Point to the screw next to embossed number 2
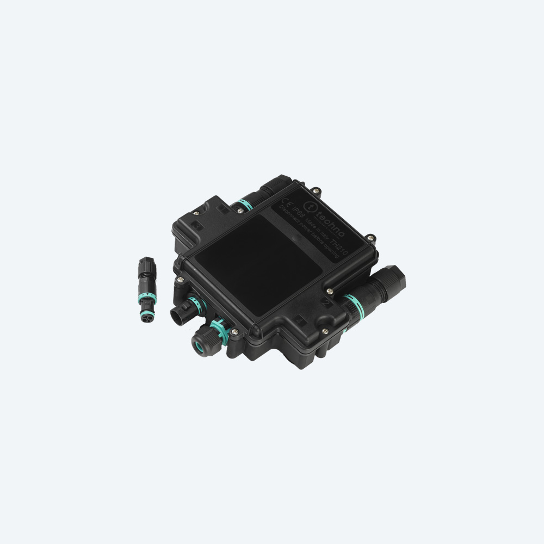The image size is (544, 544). point(325,329)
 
